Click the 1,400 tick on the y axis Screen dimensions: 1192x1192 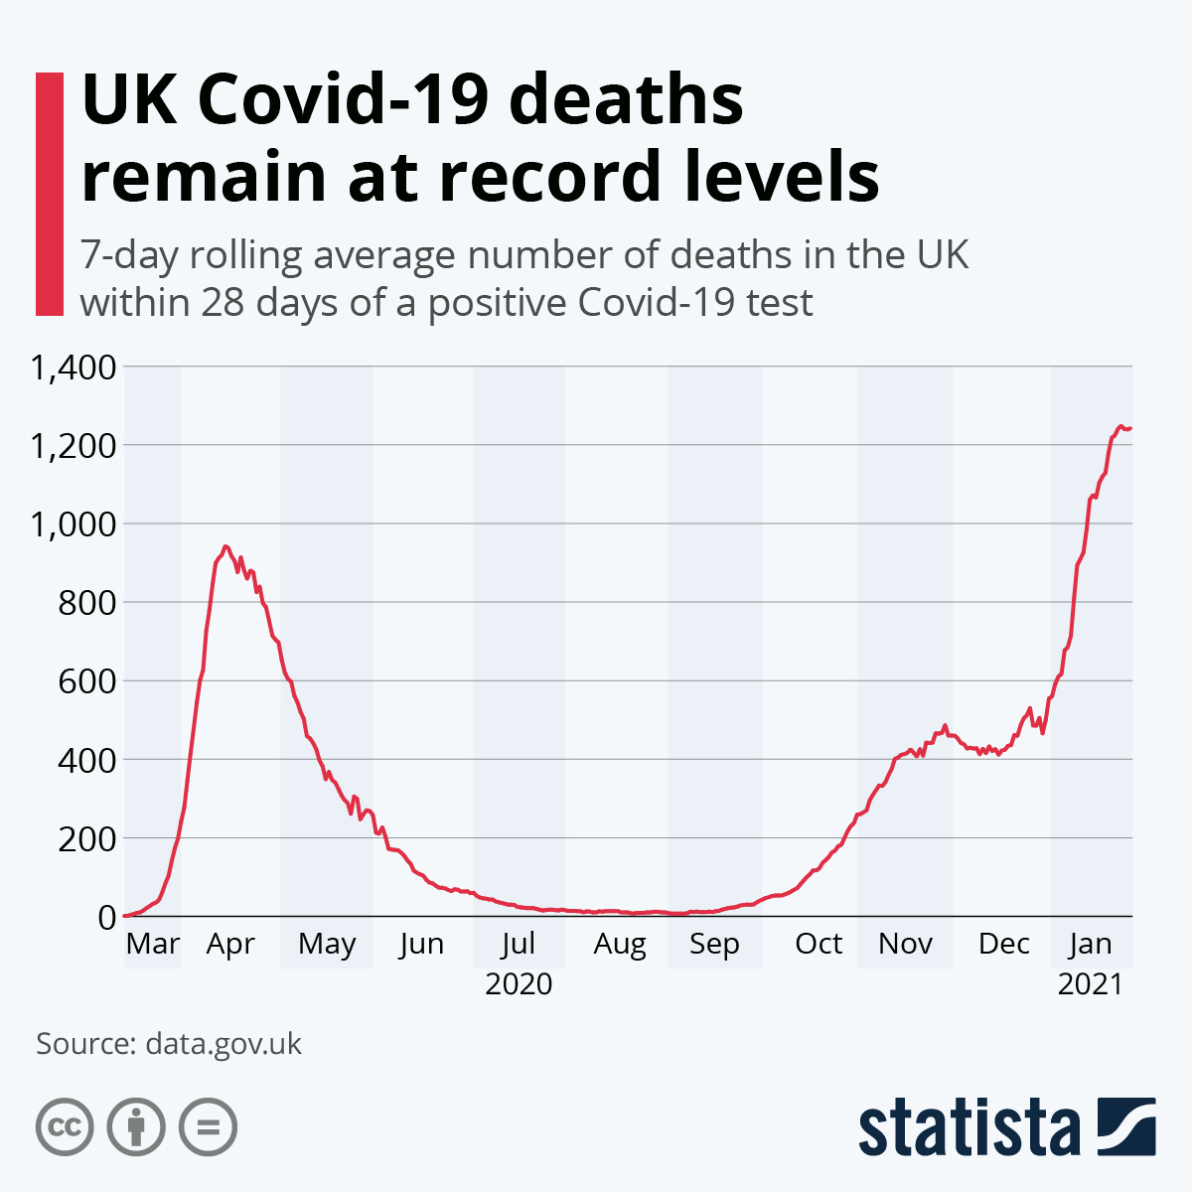(x=74, y=369)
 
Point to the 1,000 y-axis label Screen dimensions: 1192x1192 (x=74, y=524)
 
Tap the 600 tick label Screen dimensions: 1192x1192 (x=87, y=682)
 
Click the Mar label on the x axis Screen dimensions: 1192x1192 (x=153, y=944)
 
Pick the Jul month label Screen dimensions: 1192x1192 (x=519, y=944)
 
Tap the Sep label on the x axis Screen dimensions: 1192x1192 (x=714, y=944)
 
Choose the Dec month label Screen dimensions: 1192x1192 (x=1003, y=944)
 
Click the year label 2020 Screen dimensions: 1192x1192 (x=519, y=983)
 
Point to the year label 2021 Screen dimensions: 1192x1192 (x=1090, y=983)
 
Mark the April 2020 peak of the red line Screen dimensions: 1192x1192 (x=225, y=546)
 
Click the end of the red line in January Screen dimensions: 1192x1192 (x=1130, y=428)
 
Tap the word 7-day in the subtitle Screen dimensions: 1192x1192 (x=129, y=256)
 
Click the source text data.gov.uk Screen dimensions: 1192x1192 (x=223, y=1044)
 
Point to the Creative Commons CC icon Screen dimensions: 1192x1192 (x=65, y=1127)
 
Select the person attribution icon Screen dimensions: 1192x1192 (x=136, y=1127)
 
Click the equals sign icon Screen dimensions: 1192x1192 (x=208, y=1127)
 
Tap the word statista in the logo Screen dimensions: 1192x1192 (x=969, y=1127)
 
